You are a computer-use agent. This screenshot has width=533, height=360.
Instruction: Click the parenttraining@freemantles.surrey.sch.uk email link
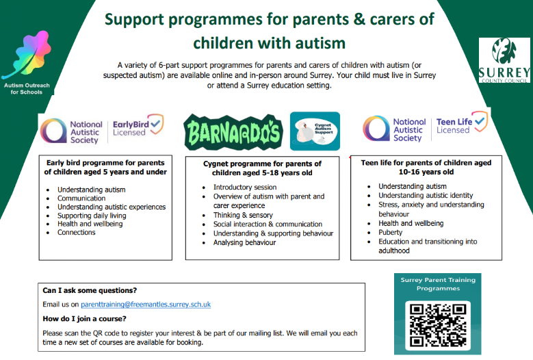(x=145, y=304)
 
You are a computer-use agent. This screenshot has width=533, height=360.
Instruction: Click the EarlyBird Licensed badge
(x=137, y=127)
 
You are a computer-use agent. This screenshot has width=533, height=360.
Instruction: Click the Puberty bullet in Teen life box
(x=391, y=232)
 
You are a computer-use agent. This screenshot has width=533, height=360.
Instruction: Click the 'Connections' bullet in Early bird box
(x=77, y=233)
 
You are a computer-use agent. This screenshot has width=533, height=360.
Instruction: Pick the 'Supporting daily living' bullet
(x=92, y=216)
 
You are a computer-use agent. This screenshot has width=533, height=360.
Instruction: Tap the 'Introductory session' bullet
(x=244, y=187)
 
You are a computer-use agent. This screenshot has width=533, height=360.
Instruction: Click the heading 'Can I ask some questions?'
(x=89, y=290)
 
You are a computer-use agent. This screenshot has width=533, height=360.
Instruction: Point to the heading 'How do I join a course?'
(x=84, y=318)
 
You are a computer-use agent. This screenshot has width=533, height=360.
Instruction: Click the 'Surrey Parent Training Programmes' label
(x=437, y=284)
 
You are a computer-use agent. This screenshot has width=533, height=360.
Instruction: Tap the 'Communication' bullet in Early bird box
(x=81, y=198)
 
